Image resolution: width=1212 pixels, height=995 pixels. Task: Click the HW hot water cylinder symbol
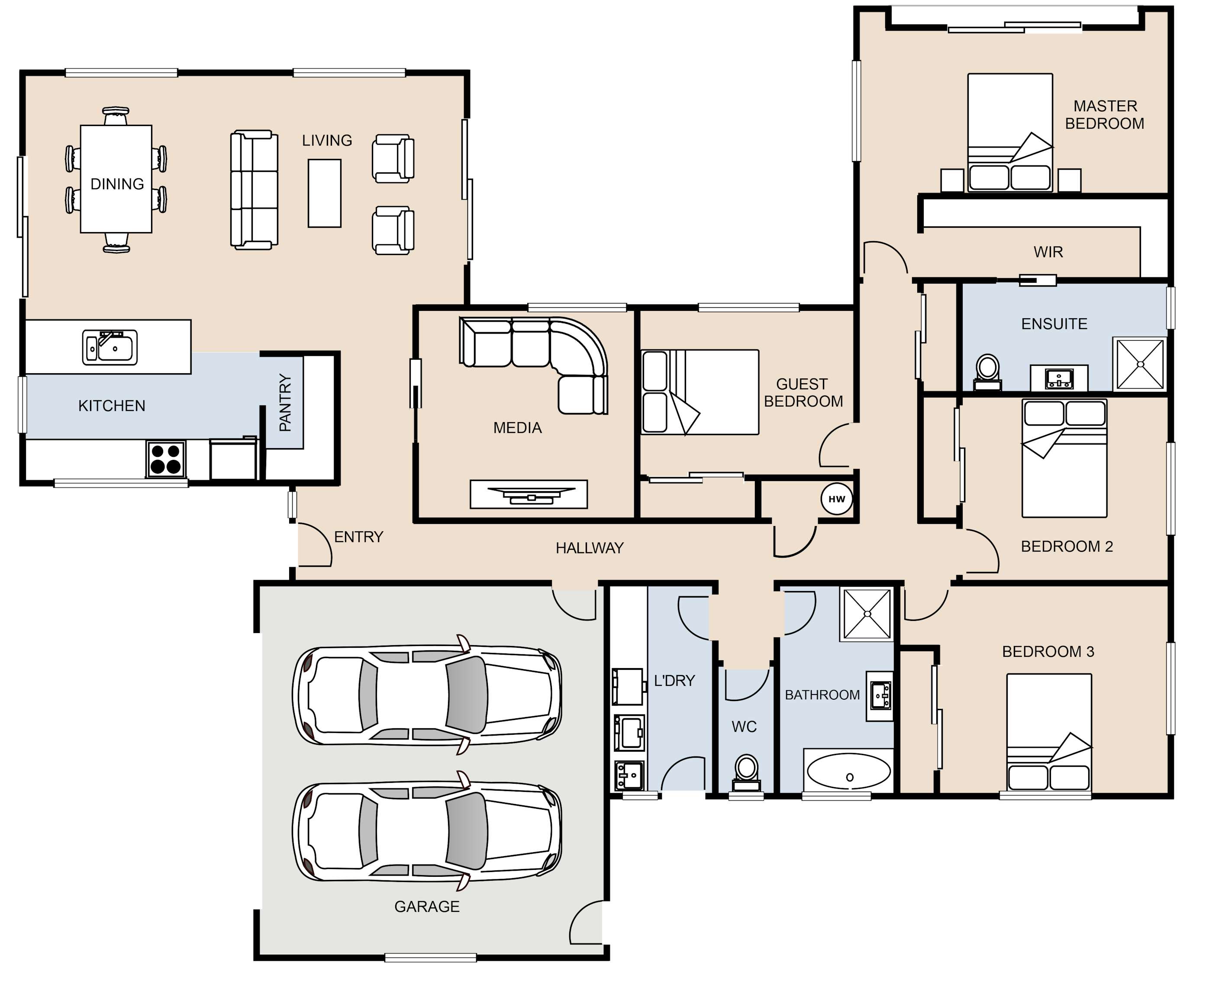pyautogui.click(x=837, y=499)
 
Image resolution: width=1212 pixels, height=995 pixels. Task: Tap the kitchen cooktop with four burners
pyautogui.click(x=166, y=459)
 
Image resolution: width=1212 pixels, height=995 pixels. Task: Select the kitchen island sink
pyautogui.click(x=110, y=347)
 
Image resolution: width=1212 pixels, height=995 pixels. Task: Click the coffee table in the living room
pyautogui.click(x=324, y=193)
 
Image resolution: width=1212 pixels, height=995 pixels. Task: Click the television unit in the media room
pyautogui.click(x=529, y=494)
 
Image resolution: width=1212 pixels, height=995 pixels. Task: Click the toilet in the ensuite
pyautogui.click(x=987, y=372)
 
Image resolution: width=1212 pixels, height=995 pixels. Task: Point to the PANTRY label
pyautogui.click(x=285, y=402)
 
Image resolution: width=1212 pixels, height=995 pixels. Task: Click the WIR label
pyautogui.click(x=1048, y=252)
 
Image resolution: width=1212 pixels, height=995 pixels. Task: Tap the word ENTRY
pyautogui.click(x=359, y=537)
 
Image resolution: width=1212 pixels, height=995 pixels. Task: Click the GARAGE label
pyautogui.click(x=427, y=907)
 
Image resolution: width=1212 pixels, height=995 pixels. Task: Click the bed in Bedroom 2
pyautogui.click(x=1064, y=458)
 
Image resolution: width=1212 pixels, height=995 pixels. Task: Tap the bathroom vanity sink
pyautogui.click(x=880, y=696)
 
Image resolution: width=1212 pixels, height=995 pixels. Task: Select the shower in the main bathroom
pyautogui.click(x=867, y=614)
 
